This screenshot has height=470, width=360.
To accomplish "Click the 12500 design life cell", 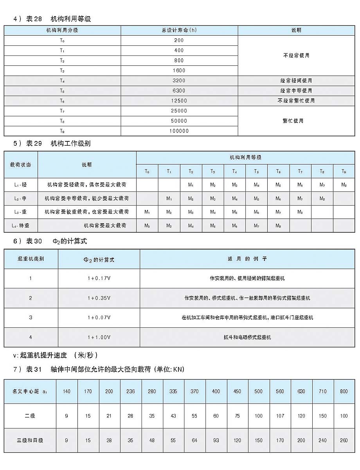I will pyautogui.click(x=179, y=101).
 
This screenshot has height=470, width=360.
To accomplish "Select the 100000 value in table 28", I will pyautogui.click(x=179, y=131).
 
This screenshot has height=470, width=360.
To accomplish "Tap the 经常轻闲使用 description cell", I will pyautogui.click(x=296, y=81).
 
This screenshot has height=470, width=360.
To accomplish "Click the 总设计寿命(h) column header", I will pyautogui.click(x=179, y=31).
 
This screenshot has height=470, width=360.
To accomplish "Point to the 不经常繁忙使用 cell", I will pyautogui.click(x=296, y=101).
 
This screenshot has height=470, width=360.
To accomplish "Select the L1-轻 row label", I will pyautogui.click(x=18, y=184).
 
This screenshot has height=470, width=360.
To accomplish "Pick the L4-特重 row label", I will pyautogui.click(x=18, y=226).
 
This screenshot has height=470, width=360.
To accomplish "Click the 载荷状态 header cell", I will pyautogui.click(x=21, y=164).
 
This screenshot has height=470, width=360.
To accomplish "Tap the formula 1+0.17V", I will pyautogui.click(x=99, y=278).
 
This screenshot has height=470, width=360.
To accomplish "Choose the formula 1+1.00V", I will pyautogui.click(x=99, y=337).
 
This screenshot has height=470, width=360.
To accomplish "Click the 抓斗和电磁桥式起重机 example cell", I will pyautogui.click(x=247, y=337).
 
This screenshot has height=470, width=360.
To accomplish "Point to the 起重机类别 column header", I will pyautogui.click(x=31, y=259).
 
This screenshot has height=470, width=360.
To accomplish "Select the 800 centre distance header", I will pyautogui.click(x=343, y=391).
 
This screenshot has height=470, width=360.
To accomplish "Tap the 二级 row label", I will pyautogui.click(x=30, y=416).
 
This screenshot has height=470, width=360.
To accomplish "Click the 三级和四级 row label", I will pyautogui.click(x=30, y=440).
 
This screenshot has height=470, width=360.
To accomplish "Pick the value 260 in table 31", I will pyautogui.click(x=343, y=440).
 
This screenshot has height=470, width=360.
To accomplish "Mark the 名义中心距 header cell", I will pyautogui.click(x=30, y=391).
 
